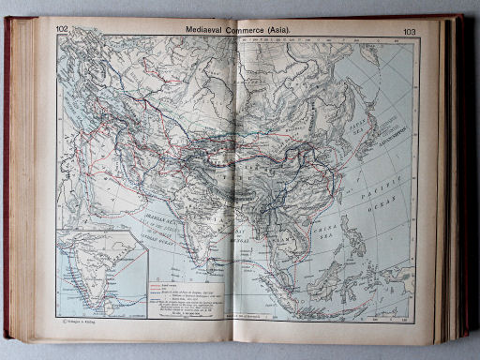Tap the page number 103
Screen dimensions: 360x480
tap(409, 32)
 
